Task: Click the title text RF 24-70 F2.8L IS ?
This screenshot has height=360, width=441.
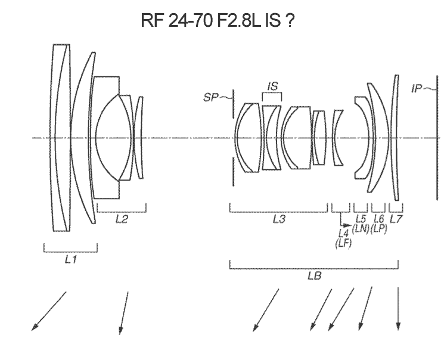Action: click(x=218, y=21)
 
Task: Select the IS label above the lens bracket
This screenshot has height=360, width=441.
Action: click(x=272, y=87)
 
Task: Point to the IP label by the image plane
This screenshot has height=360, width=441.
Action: click(x=418, y=89)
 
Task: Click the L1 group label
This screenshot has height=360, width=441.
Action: click(x=70, y=259)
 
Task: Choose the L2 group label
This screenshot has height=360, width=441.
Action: click(x=121, y=219)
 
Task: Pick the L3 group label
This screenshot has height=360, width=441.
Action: click(x=278, y=219)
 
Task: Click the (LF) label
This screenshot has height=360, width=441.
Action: click(x=343, y=242)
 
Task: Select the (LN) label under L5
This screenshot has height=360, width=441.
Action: click(x=361, y=229)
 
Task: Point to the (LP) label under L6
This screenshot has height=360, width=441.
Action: click(x=378, y=229)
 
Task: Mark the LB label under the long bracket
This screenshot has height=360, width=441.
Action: click(x=314, y=277)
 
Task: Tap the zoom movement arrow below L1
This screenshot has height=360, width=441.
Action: click(x=49, y=310)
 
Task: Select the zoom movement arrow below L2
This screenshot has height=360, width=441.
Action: click(x=124, y=312)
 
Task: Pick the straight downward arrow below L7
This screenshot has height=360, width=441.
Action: click(x=398, y=307)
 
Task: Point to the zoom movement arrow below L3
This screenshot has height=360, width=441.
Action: click(x=266, y=309)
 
